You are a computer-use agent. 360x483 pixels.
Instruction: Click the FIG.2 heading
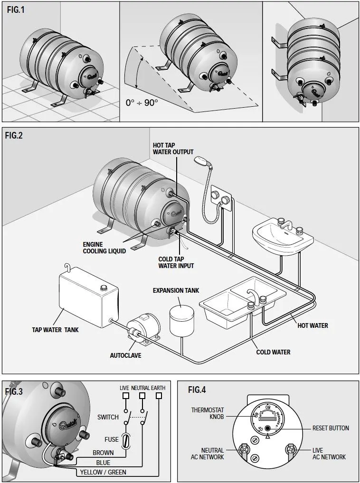[x=14, y=136]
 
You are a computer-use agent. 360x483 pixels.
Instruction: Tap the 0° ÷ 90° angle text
[x=142, y=102]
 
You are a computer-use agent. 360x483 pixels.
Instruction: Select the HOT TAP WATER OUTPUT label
[x=173, y=149]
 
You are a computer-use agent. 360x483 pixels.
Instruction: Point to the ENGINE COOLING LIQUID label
[x=104, y=248]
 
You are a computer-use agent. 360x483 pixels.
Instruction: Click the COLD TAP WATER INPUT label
[x=176, y=262]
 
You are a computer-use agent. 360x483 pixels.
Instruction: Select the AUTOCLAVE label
[x=125, y=355]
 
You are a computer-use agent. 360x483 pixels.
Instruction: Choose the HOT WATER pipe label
[x=313, y=325]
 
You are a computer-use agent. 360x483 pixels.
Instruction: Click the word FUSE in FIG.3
[x=112, y=439]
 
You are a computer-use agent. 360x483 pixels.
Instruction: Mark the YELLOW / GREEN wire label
[x=103, y=473]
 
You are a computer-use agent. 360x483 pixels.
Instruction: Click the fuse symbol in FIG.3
[x=126, y=440]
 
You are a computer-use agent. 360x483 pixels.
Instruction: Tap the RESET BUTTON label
[x=331, y=428]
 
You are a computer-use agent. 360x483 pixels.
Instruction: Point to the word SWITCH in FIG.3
[x=108, y=417]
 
